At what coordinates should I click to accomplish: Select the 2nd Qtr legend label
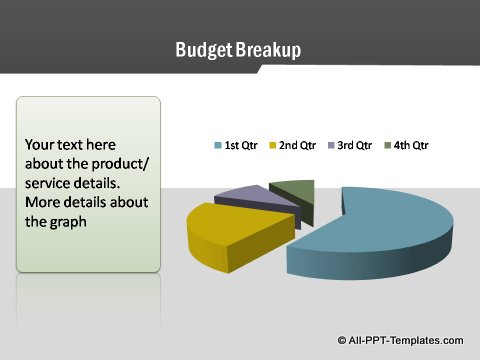297,145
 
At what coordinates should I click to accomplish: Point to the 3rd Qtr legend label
354,145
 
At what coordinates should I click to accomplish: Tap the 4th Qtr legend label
410,145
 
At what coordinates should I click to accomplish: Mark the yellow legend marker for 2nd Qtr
272,145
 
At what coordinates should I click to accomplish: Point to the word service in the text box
49,183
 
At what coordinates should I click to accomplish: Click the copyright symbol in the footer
343,340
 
